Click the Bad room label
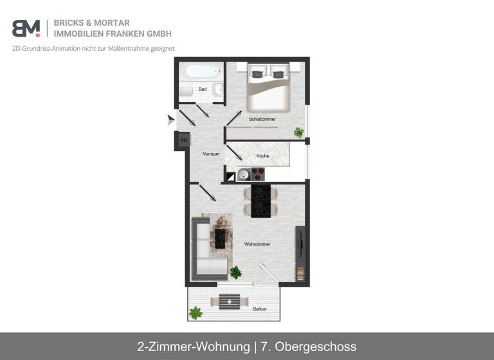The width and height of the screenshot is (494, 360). point(203,89)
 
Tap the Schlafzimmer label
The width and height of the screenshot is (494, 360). point(262,119)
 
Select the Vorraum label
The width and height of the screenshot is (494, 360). point(211,154)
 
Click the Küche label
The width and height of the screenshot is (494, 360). point(262,156)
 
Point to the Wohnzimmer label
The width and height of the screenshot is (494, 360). point(257,244)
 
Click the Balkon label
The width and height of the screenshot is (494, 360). point(260,309)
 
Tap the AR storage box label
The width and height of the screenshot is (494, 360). point(183,140)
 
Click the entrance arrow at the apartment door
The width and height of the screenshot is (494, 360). point(170,119)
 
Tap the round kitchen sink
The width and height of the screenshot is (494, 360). point(244,174)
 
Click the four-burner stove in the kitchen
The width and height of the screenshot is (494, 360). point(258,174)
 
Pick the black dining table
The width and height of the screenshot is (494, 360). point(261,200)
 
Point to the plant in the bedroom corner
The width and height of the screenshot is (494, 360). point(298,132)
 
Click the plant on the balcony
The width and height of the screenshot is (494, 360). point(196,313)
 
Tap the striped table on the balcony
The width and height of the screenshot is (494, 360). point(230,301)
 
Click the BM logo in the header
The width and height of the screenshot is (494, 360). point(26,28)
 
